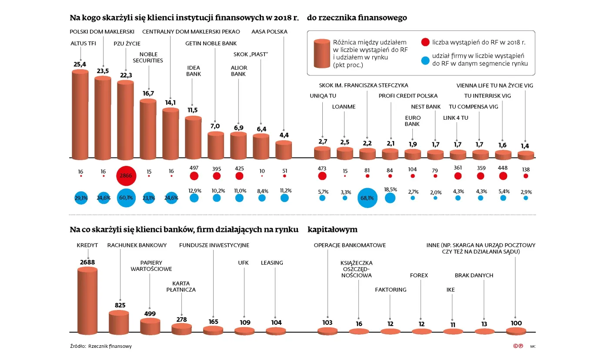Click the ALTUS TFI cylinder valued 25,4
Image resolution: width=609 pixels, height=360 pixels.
80,114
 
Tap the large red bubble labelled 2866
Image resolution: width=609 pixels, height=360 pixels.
126,176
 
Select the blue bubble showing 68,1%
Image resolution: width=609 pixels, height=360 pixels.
368,198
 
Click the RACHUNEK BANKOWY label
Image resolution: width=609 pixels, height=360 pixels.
137,245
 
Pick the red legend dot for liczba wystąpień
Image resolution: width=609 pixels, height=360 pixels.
425,42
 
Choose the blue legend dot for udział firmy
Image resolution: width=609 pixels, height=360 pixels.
425,60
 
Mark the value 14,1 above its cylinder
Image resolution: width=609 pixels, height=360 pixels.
171,103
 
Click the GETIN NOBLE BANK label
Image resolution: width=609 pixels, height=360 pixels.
211,44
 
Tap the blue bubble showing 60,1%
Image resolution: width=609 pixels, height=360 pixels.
126,198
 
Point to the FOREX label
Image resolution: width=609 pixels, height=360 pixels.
419,276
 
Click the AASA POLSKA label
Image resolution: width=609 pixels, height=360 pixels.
269,32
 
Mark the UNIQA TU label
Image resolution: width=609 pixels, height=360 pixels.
323,96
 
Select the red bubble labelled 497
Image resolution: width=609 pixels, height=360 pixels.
194,176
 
